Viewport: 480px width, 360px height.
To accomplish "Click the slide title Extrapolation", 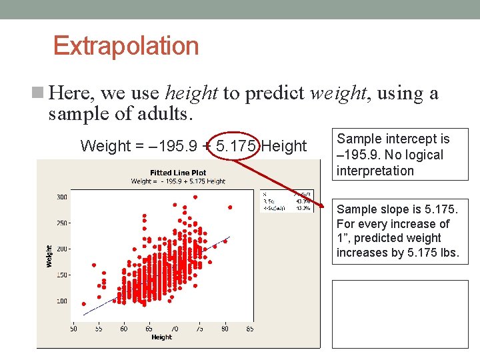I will coord(126,46).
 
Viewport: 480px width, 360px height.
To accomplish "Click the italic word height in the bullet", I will coord(192,93).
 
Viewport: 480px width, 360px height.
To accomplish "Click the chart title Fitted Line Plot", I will coord(178,173).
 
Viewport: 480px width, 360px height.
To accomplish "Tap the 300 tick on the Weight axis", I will coord(61,197).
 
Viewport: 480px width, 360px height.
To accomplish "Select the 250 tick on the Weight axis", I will coord(61,223).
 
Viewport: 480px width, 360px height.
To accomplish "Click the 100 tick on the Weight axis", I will coord(61,301).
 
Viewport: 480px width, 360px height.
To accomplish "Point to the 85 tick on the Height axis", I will coord(249,329).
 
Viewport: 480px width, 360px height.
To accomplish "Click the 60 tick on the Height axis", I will coord(124,329).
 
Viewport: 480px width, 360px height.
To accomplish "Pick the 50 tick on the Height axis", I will coord(73,329).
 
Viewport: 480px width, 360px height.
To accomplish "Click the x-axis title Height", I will coord(161,337).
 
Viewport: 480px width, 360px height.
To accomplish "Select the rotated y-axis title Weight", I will coord(49,256).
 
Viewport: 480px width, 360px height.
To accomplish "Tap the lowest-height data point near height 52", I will coord(84,303).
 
